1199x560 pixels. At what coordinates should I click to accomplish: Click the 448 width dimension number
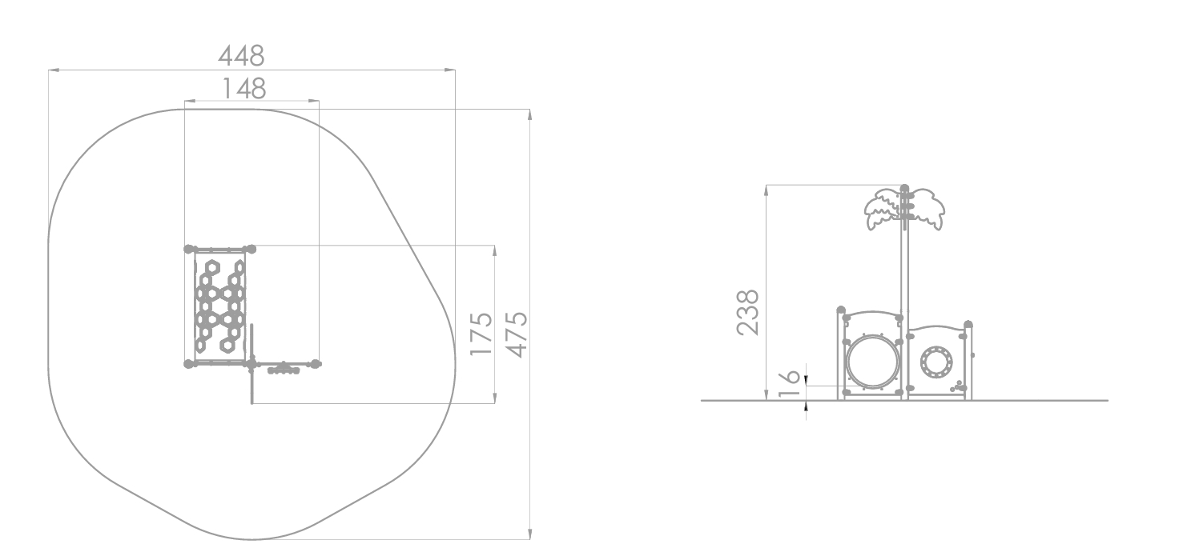[241, 56]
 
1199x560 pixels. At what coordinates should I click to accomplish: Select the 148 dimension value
[244, 89]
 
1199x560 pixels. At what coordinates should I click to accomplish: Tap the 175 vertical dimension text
[481, 334]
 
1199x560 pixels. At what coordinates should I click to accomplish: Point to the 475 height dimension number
[517, 335]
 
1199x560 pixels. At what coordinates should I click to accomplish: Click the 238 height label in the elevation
[748, 312]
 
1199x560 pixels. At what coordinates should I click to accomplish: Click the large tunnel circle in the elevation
[873, 362]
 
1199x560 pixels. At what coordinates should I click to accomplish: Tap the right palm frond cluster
[926, 210]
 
